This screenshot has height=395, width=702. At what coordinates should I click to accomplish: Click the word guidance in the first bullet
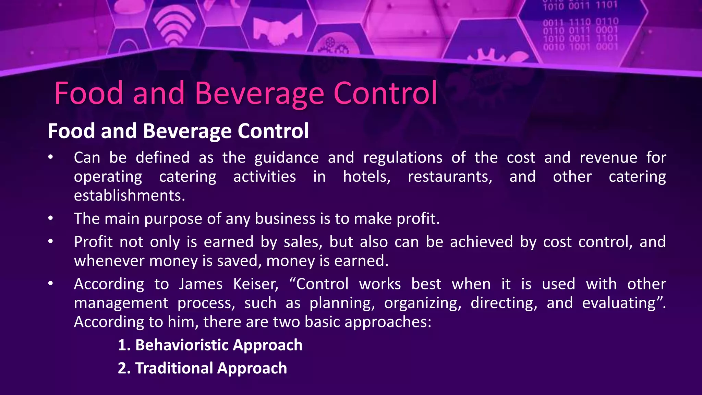[287, 158]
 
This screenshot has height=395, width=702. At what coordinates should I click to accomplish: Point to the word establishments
[129, 195]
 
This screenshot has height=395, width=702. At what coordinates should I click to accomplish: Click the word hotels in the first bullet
[366, 177]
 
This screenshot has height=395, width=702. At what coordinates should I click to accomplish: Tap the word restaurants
[450, 177]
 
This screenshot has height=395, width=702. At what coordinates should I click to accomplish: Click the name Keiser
[256, 284]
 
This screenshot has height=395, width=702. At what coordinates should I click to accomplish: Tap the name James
[201, 284]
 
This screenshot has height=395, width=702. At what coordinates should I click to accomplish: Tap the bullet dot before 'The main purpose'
[51, 218]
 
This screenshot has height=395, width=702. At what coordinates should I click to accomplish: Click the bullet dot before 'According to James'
[51, 284]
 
